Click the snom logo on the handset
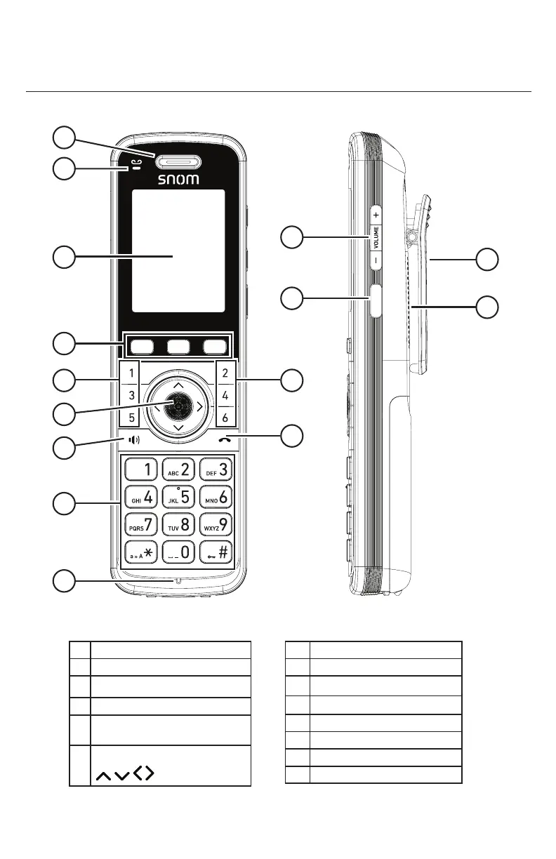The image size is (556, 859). (x=178, y=179)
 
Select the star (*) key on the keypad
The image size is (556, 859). (x=140, y=552)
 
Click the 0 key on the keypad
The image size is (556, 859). (x=178, y=552)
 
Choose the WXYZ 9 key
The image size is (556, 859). (x=216, y=524)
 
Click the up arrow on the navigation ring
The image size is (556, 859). (x=178, y=385)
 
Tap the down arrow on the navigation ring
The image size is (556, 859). (x=178, y=427)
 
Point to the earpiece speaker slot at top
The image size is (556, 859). (x=178, y=163)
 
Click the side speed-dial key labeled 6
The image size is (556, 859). (x=225, y=418)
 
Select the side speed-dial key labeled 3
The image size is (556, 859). (x=132, y=396)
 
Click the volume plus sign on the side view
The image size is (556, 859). (x=376, y=213)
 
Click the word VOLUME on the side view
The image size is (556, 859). (x=376, y=237)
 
